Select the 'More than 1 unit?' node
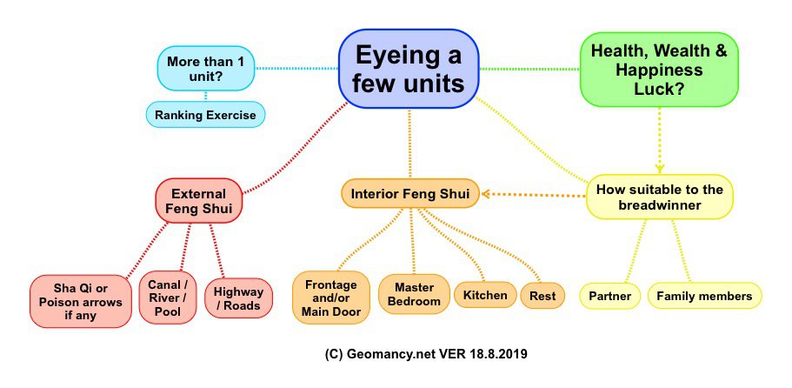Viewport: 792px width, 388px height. (206, 67)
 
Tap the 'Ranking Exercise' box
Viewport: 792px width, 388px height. (205, 114)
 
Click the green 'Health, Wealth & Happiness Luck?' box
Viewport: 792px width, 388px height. (660, 67)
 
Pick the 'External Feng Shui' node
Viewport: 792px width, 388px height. (198, 201)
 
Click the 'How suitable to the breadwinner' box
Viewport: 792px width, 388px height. (660, 197)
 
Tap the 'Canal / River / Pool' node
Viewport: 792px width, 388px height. (169, 297)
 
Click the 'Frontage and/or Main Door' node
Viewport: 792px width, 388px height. (331, 297)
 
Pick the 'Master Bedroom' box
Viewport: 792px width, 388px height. (414, 294)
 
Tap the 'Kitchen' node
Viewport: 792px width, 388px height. (484, 295)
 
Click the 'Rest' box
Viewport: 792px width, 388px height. (542, 295)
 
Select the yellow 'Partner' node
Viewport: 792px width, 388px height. (609, 296)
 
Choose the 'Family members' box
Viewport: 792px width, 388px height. (704, 296)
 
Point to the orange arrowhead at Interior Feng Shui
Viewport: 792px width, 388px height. (488, 193)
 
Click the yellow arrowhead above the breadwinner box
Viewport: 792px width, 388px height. (660, 168)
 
